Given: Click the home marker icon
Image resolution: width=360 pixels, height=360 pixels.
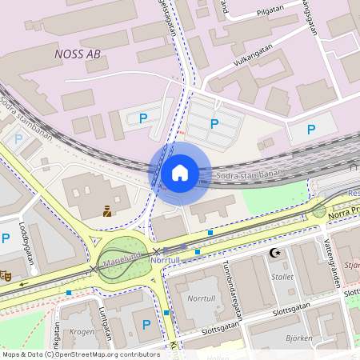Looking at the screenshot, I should click(x=180, y=173).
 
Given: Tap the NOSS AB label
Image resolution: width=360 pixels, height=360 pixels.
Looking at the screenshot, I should click(x=78, y=54).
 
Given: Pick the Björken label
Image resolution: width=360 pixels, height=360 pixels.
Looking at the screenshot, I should click(x=298, y=338).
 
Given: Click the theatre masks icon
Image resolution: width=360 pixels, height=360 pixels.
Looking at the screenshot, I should click(x=5, y=275).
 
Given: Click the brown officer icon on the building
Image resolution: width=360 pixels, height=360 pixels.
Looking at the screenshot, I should click(x=106, y=212).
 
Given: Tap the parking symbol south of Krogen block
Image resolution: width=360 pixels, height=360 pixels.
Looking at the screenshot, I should click(x=146, y=325).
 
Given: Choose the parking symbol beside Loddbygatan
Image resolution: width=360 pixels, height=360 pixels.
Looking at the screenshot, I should click(x=6, y=238).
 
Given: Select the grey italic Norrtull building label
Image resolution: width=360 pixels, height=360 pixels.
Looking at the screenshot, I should click(x=200, y=297).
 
